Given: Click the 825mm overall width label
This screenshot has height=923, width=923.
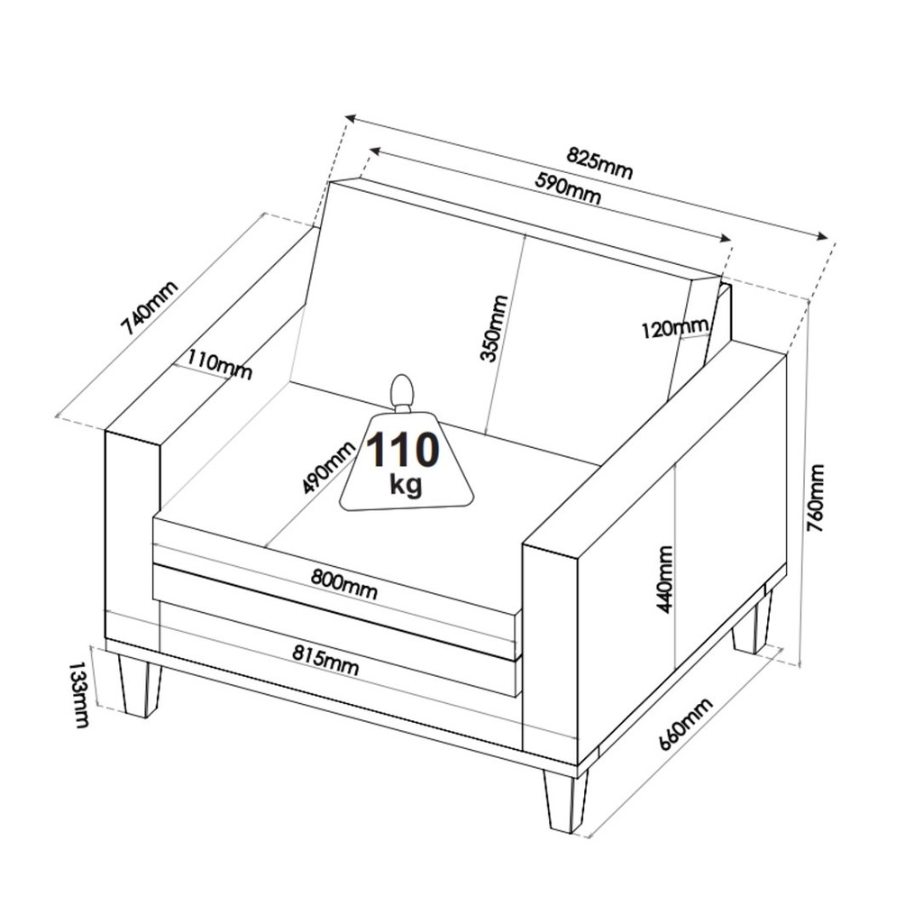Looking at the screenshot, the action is click(599, 162).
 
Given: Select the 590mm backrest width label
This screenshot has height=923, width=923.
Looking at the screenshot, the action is click(568, 187).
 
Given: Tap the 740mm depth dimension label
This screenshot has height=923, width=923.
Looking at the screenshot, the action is click(149, 307).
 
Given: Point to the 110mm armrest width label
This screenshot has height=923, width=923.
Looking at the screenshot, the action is click(220, 365).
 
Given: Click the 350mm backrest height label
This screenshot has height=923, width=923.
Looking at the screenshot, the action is click(493, 328).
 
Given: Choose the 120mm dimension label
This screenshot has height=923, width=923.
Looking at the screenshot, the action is click(674, 328).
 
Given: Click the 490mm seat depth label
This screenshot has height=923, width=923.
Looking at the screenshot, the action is click(328, 467).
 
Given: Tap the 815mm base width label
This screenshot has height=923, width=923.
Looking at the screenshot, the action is click(325, 660).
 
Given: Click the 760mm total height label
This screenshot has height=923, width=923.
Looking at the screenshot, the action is click(816, 498).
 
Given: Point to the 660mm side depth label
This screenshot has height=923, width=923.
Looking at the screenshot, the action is click(685, 724).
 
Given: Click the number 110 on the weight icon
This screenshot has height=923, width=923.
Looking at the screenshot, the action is click(403, 450).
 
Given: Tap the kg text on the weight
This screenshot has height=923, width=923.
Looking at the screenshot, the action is click(406, 485).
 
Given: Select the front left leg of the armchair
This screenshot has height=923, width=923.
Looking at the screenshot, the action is click(141, 685).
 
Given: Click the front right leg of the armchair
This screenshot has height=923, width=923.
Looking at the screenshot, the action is click(566, 800).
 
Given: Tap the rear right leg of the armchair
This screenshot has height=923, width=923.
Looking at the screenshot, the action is click(752, 623).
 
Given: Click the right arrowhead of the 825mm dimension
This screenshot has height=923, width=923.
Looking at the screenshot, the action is click(821, 237).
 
